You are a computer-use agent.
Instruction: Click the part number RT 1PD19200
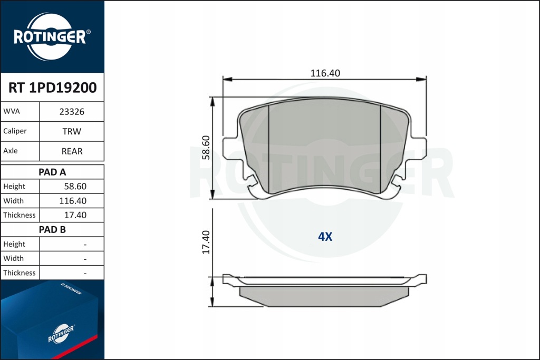pos(52,88)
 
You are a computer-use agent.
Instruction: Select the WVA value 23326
pos(72,112)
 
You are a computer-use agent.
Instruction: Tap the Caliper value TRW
pos(72,131)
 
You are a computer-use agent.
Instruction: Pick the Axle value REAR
pos(72,151)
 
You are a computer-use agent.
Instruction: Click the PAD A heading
pos(52,172)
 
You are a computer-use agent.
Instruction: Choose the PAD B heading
pos(52,230)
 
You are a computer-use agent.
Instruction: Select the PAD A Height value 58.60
pos(75,187)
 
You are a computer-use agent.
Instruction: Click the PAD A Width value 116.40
pos(73,201)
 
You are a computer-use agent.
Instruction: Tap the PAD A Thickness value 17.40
pos(75,216)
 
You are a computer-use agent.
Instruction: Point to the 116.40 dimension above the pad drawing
pos(325,73)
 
